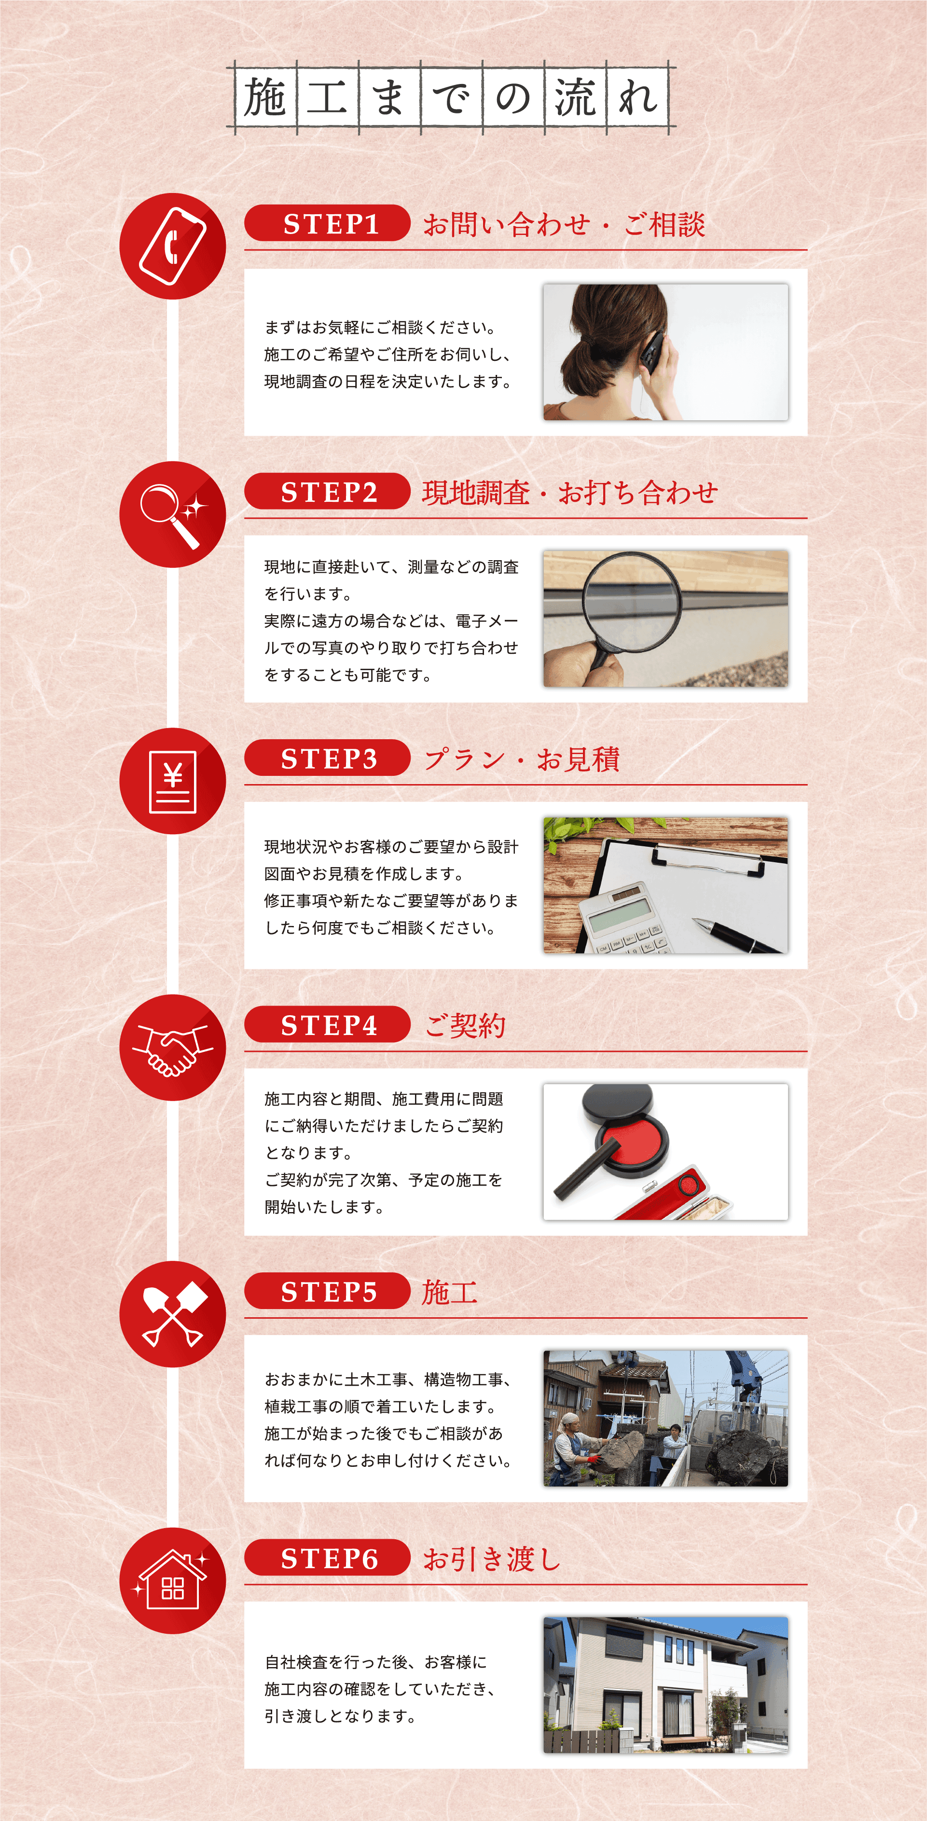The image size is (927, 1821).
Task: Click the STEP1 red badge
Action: pos(327,223)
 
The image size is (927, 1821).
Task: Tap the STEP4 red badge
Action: pos(327,1024)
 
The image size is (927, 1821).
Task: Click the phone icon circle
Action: pos(173,246)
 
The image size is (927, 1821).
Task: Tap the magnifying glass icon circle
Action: pos(173,514)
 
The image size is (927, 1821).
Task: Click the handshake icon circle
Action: pos(173,1047)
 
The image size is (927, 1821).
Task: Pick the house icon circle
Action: pos(173,1581)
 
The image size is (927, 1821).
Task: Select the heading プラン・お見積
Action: pos(522,759)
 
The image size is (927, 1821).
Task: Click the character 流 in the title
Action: pos(574,97)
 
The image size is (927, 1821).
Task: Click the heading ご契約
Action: pos(465,1025)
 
